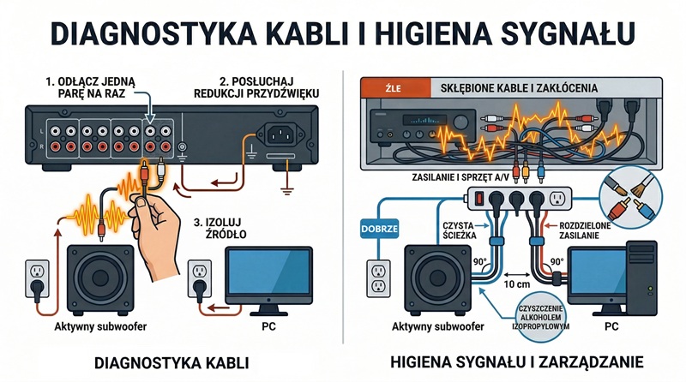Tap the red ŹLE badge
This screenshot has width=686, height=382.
pyautogui.click(x=376, y=87)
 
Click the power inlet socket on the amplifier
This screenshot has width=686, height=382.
pyautogui.click(x=282, y=134)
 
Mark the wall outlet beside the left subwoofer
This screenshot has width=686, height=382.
pyautogui.click(x=37, y=279)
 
